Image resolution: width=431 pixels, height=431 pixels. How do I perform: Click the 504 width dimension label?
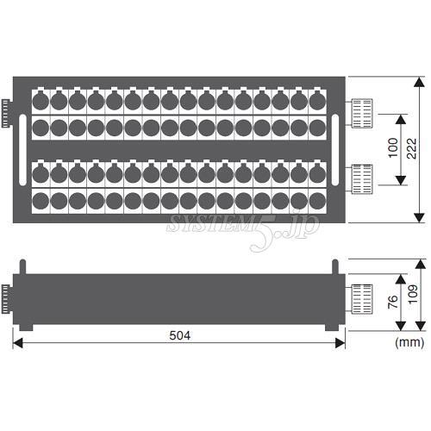coord(180,335)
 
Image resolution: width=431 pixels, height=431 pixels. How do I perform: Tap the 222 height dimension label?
coord(411,148)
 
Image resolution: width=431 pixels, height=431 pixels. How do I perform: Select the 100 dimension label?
coord(393,147)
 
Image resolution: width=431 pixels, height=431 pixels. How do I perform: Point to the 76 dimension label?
coord(393,302)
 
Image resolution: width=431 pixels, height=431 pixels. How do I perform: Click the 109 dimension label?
coord(413,294)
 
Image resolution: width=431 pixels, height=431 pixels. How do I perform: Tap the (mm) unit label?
coord(409,342)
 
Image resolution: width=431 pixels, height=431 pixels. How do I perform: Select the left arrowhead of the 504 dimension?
coord(18,343)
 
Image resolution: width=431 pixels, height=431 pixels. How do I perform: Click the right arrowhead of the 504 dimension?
coord(340,343)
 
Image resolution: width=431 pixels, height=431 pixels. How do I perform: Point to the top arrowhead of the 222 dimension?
coord(420,82)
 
